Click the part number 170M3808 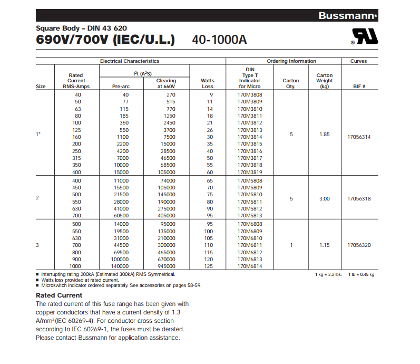coord(249,94)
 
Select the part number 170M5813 coord(249,215)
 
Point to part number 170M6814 coord(249,266)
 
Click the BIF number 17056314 coord(359,137)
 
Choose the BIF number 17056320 coord(359,245)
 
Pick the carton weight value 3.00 coord(324,199)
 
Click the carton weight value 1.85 coord(324,135)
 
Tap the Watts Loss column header coord(208,83)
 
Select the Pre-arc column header coord(121,87)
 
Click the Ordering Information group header coord(291,61)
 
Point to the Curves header coord(358,61)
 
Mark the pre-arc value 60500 coord(121,215)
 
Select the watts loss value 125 coord(209,266)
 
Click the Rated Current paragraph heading coord(59,295)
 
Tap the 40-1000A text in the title coord(219,40)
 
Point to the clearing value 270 coord(170,94)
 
